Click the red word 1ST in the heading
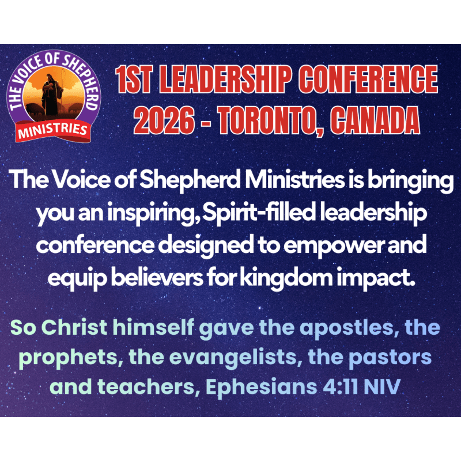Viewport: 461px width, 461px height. pos(134,80)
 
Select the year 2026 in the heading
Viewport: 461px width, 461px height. pos(164,120)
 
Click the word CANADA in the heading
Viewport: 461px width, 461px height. pos(375,120)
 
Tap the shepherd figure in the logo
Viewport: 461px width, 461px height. pos(52,95)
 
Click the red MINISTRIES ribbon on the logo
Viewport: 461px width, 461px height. pos(53,131)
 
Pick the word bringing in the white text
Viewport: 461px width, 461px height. pos(411,182)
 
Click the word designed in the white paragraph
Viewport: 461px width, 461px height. pos(206,245)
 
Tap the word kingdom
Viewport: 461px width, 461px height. pos(286,278)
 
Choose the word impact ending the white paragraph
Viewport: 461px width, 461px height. pos(375,278)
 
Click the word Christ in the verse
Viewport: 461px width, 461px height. pos(74,327)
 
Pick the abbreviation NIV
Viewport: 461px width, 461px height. pos(382,387)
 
